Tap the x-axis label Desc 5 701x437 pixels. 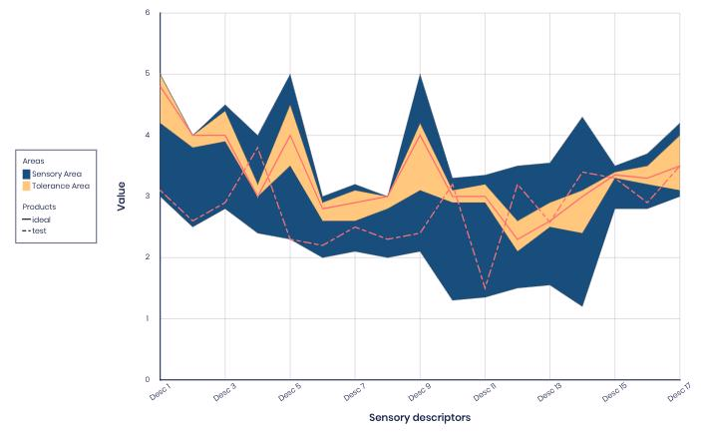(288, 390)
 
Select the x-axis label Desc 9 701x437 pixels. (419, 390)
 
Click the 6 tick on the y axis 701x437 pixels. (147, 13)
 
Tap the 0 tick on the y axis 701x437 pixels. (147, 380)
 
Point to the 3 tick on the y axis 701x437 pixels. (147, 197)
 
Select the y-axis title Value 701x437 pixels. (121, 196)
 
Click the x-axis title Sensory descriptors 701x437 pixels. (419, 417)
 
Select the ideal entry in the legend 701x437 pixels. (41, 219)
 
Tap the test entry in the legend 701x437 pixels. (39, 230)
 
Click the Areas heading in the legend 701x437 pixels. (34, 161)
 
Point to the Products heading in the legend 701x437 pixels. (39, 207)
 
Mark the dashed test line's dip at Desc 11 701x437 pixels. (485, 288)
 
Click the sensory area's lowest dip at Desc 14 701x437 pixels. (582, 306)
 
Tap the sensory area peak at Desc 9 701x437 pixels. (420, 75)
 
